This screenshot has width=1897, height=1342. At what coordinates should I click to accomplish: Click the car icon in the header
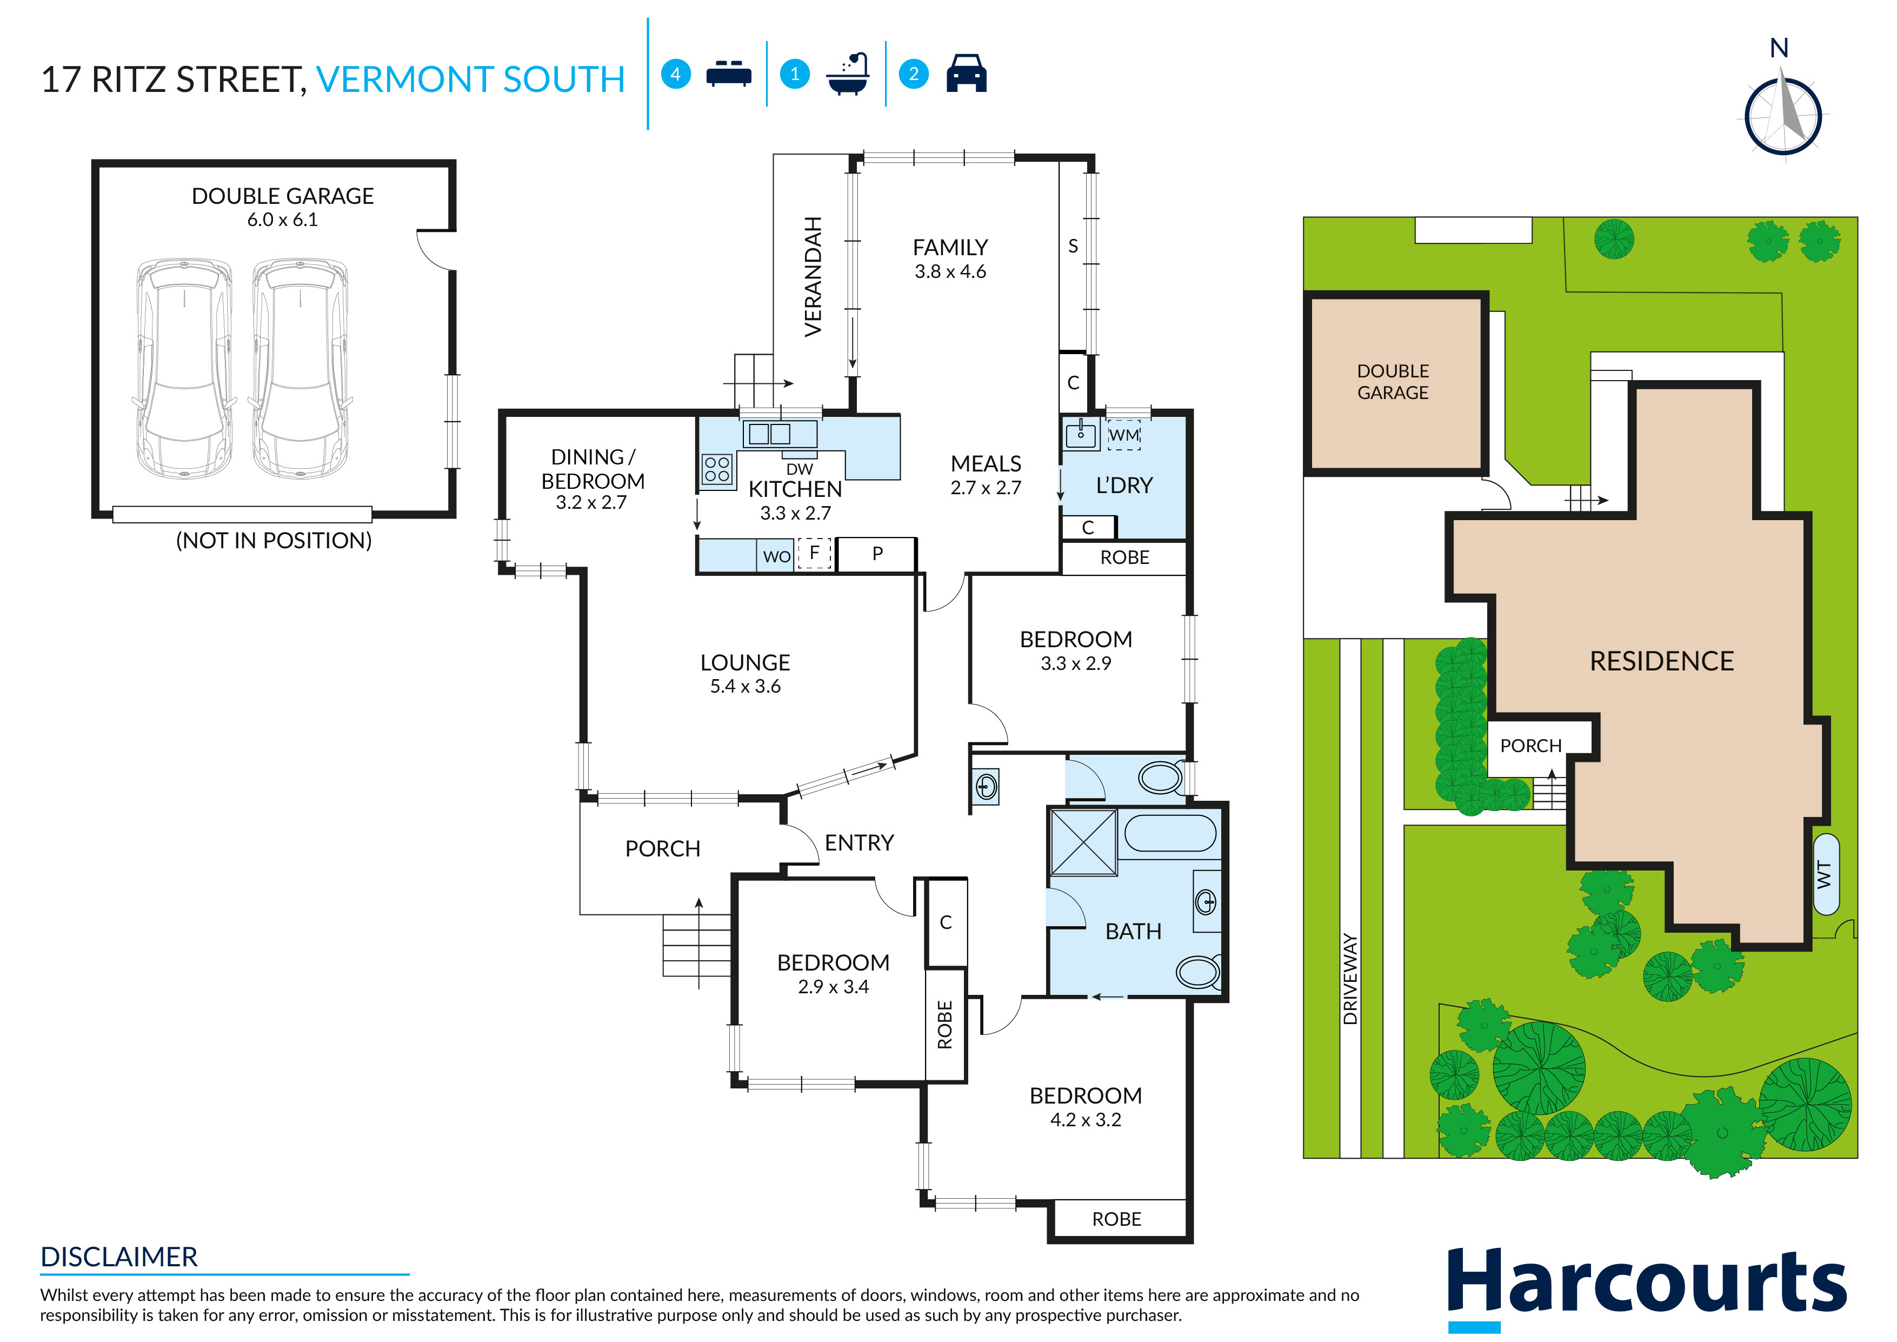click(x=967, y=74)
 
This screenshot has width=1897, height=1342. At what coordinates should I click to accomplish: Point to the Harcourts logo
click(x=1647, y=1287)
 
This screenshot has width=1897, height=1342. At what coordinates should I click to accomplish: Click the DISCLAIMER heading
click(x=119, y=1257)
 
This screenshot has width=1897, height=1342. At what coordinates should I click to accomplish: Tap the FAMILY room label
click(x=950, y=247)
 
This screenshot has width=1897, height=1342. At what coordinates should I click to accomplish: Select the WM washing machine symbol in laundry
click(x=1124, y=435)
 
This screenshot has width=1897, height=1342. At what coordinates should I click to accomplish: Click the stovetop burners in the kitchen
click(x=717, y=469)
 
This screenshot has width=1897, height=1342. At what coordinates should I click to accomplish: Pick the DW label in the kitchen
click(x=799, y=469)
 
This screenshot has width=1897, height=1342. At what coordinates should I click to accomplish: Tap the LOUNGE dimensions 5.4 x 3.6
click(x=746, y=686)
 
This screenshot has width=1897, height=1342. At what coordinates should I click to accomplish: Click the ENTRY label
click(x=859, y=843)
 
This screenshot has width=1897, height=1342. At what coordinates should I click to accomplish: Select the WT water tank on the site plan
click(x=1826, y=874)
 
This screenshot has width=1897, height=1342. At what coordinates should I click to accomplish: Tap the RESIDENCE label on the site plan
click(x=1661, y=661)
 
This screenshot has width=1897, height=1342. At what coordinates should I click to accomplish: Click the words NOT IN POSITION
click(x=274, y=541)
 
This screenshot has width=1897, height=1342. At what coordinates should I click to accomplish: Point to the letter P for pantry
click(x=877, y=554)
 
